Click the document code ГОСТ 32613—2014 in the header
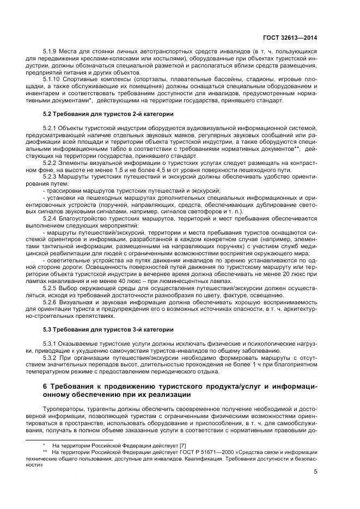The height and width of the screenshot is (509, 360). pos(293,37)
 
